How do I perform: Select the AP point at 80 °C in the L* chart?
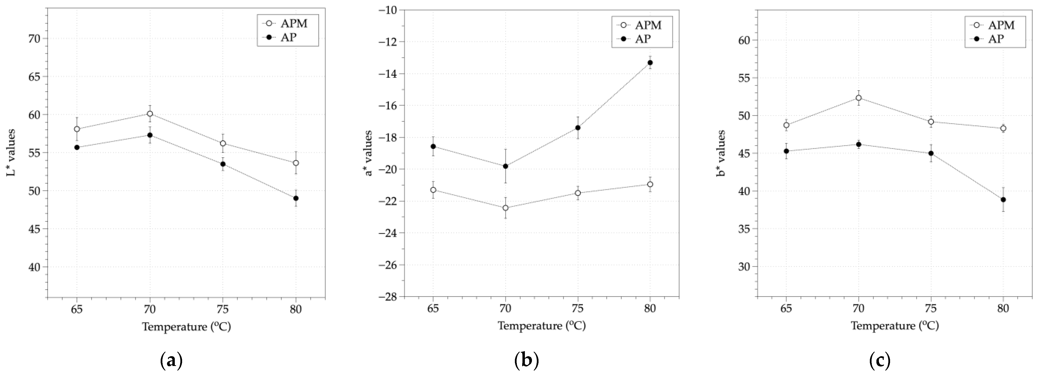(x=296, y=198)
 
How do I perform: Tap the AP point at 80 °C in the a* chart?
(x=650, y=63)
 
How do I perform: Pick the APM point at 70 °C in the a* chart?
(x=505, y=208)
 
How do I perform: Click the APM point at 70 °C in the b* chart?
(x=859, y=98)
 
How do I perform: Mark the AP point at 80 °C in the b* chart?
(x=1003, y=200)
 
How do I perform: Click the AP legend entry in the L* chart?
(x=288, y=38)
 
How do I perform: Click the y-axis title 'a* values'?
(x=368, y=153)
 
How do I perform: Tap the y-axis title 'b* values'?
(x=721, y=153)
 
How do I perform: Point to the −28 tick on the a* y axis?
(x=388, y=297)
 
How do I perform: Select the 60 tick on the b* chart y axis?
(x=743, y=41)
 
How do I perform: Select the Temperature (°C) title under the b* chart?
(x=895, y=326)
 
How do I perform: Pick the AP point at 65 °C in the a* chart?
(x=433, y=146)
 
